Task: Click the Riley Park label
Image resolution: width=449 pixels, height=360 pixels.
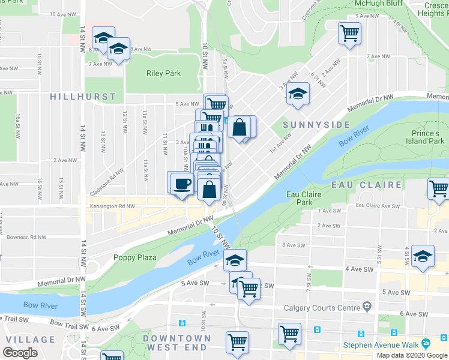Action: (163, 74)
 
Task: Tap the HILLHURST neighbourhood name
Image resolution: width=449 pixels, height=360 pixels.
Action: (83, 97)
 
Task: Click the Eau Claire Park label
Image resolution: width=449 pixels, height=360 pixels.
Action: (303, 198)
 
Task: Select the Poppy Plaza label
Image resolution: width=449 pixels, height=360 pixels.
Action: (135, 257)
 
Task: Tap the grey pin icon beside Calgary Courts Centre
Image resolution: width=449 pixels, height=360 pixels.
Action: (366, 307)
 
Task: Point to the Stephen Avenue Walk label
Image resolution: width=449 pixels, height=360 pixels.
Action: (380, 344)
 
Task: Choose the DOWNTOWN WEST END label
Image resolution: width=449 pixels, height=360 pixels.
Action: (177, 343)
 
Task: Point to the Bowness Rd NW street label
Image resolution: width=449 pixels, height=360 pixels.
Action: (27, 237)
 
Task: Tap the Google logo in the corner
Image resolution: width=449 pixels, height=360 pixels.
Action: (20, 353)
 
